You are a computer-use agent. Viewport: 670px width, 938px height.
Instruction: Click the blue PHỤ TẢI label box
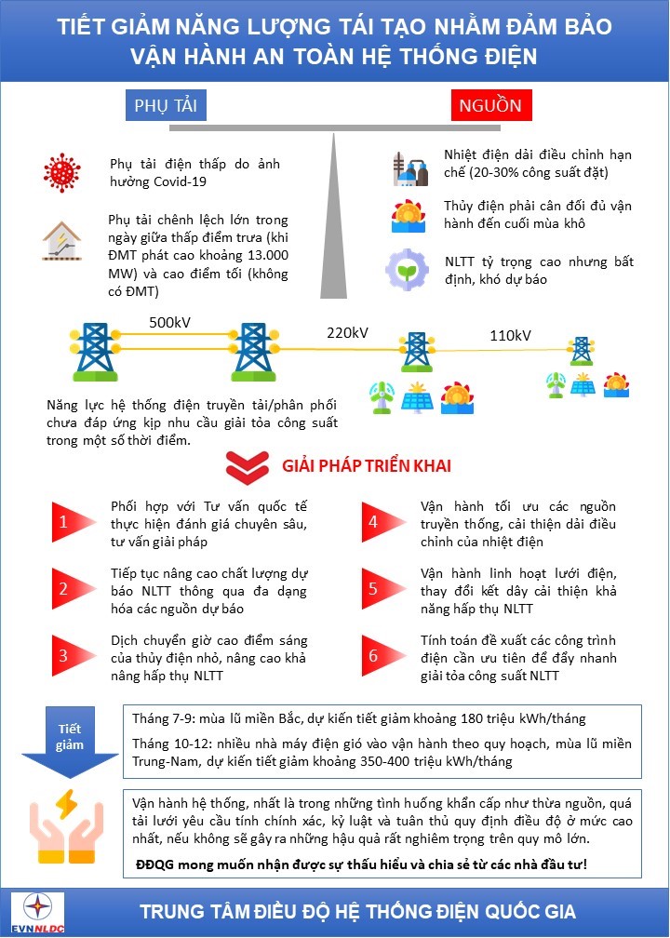coord(166,104)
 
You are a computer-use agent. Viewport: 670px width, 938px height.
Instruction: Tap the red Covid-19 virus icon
coord(62,171)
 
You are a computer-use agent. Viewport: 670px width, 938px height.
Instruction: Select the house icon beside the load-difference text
coord(62,240)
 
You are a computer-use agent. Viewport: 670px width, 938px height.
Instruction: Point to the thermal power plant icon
coord(409,167)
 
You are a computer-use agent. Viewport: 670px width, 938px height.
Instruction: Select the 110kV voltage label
coord(510,335)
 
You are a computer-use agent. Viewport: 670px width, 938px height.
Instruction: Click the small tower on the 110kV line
coord(581,352)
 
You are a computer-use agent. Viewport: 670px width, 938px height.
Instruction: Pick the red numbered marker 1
coord(63,522)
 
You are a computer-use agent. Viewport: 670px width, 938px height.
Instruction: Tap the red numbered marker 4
coord(372,522)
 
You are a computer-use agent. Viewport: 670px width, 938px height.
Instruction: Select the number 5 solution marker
coord(372,588)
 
